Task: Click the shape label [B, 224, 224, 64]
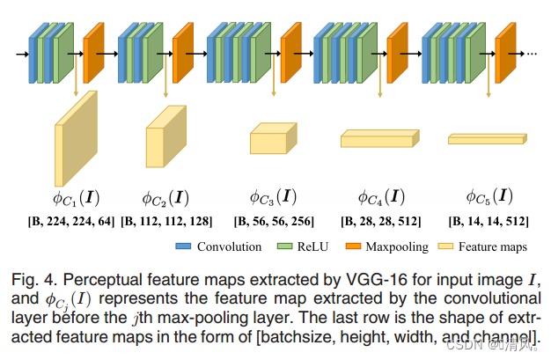tap(73, 221)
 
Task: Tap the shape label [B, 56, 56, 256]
tap(275, 221)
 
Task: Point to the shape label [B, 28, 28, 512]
tap(380, 221)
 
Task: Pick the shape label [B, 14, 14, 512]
tap(489, 221)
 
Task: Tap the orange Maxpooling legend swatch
tap(359, 246)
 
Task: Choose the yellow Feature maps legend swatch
tap(448, 246)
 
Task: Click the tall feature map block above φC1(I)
tap(76, 136)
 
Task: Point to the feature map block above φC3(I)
tap(273, 140)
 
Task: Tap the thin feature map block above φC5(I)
tap(486, 139)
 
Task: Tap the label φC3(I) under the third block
tap(273, 195)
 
